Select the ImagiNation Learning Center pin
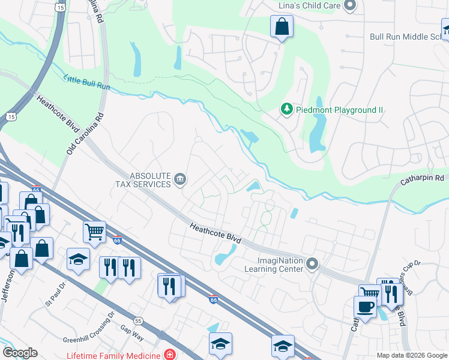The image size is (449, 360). (x=312, y=264)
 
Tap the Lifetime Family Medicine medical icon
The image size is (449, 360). (x=170, y=355)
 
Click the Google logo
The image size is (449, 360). (x=20, y=353)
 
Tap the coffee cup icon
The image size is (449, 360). (x=364, y=307)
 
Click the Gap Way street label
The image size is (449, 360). (x=132, y=333)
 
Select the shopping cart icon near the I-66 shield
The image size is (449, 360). (x=94, y=231)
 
